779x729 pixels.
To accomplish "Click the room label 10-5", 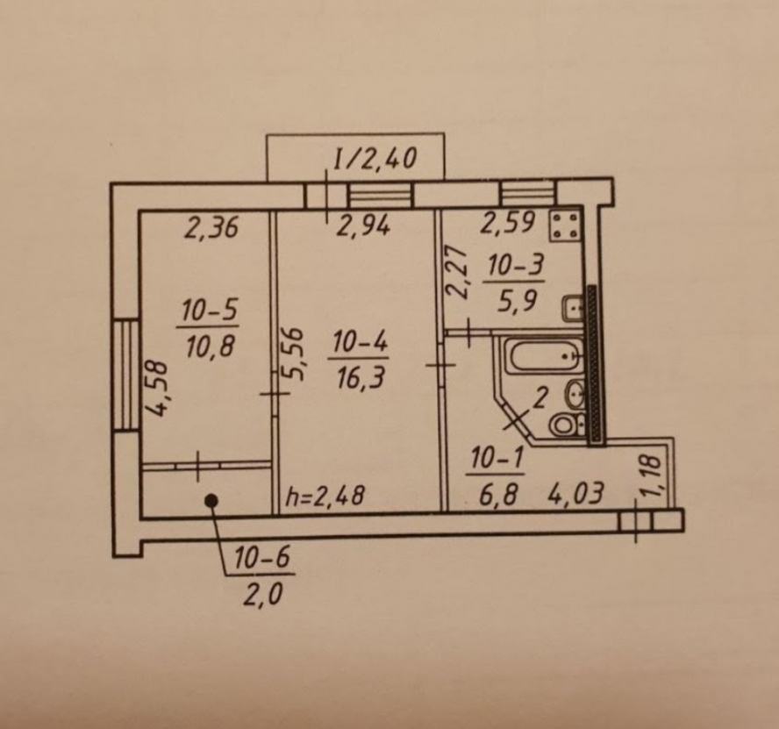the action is click(x=210, y=311).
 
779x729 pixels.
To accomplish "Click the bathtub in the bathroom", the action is click(x=542, y=354).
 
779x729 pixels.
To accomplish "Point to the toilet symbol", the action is click(x=567, y=425).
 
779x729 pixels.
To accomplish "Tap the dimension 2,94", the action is click(x=363, y=226).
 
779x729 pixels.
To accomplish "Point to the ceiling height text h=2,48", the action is click(x=325, y=496).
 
